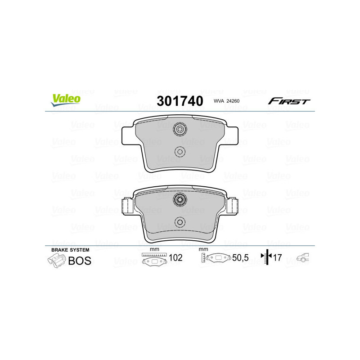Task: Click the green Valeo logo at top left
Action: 66,100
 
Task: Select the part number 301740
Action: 180,101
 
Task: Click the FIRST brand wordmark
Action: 288,101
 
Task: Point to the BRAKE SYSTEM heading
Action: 70,250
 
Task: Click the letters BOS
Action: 80,261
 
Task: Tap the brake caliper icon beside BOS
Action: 56,261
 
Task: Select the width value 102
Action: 176,258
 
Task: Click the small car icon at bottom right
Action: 302,258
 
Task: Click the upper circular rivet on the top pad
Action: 180,130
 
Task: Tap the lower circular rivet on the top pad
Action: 180,151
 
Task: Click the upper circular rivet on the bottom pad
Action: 180,200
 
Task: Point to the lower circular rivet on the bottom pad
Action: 180,221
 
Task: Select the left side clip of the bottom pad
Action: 126,206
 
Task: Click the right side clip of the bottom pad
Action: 233,206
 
